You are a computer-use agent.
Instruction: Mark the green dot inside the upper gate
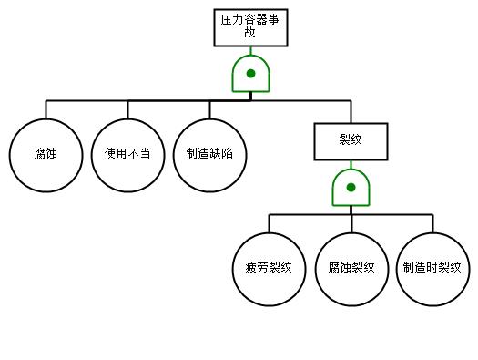coord(250,74)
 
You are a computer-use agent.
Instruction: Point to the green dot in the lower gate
coord(351,188)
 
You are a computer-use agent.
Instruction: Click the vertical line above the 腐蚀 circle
coord(46,109)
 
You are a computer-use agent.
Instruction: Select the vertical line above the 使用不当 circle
coord(127,109)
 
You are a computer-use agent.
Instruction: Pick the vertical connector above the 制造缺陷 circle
coord(209,109)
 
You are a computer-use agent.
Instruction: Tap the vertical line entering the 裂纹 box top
coord(351,111)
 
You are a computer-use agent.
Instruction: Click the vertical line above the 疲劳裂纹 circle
coord(269,223)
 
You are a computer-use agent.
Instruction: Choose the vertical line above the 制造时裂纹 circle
coord(432,223)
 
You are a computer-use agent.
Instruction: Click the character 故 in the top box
coord(249,32)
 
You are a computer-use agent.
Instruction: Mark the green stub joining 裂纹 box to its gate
coord(351,165)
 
